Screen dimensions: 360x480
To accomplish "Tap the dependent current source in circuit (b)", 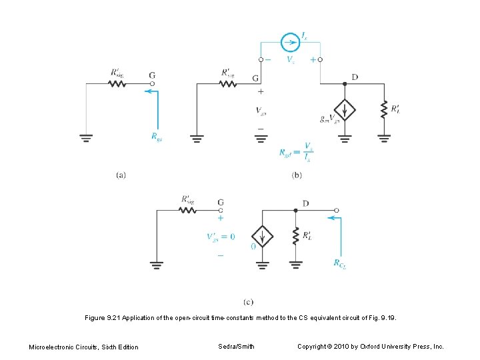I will [345, 109].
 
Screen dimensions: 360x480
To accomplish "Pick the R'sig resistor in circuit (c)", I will [187, 209].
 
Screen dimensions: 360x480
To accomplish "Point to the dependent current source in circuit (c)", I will [262, 236].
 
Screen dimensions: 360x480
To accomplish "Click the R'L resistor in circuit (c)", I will [295, 236].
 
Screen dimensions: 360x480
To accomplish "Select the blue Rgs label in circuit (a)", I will [157, 137].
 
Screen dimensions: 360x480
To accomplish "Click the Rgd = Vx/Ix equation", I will [296, 152].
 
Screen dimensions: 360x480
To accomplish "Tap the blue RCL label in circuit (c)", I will [340, 263].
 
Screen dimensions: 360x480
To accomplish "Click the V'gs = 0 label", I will [220, 237].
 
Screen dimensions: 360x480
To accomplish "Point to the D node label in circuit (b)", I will [355, 77].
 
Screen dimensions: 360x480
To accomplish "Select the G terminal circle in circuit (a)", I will [152, 84].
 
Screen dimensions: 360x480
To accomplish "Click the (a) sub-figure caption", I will [121, 175].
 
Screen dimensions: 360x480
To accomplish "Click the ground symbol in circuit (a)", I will [86, 139].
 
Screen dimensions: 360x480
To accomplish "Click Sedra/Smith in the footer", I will [236, 347].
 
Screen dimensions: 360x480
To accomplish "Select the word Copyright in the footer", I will [312, 347].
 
